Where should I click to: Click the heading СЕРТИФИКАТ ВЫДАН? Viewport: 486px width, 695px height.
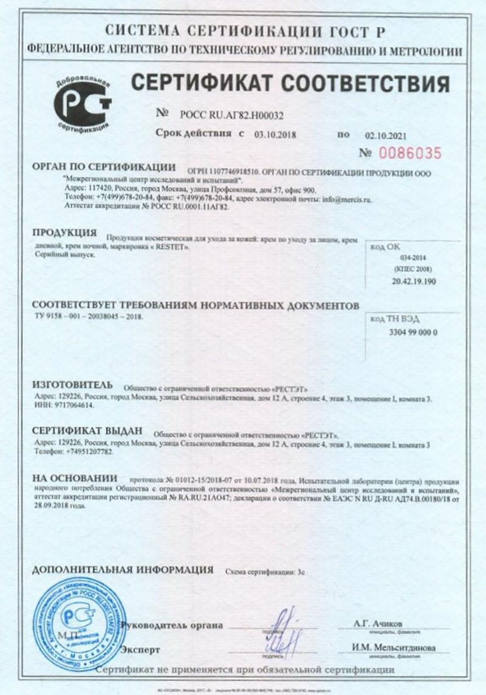86,430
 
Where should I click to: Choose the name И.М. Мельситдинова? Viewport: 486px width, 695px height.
394,648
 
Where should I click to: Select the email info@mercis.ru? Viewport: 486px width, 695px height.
355,198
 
